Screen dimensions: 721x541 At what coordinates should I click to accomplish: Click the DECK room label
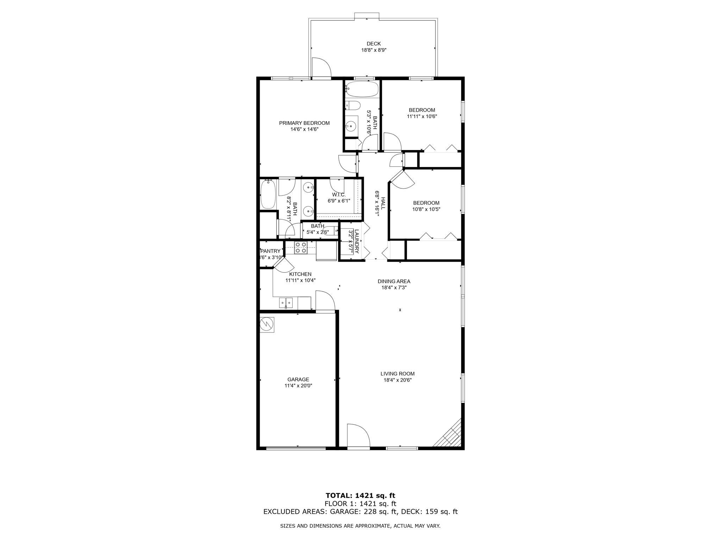click(374, 44)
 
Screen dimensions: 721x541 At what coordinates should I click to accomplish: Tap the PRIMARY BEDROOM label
click(304, 123)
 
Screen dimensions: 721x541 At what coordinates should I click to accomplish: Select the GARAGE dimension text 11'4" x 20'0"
click(298, 386)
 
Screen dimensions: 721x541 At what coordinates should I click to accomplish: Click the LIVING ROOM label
click(397, 374)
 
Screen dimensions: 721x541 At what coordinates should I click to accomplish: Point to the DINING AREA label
click(394, 281)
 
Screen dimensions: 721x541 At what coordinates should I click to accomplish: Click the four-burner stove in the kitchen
click(301, 248)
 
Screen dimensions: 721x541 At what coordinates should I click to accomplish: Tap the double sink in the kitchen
click(286, 303)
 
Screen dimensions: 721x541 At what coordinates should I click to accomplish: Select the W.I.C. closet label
click(338, 195)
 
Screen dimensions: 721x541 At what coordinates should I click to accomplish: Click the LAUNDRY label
click(357, 242)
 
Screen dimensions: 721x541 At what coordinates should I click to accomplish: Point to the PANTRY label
click(270, 251)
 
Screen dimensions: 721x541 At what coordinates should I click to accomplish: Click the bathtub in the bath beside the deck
click(362, 89)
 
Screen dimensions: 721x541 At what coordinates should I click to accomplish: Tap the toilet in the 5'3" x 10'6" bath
click(353, 106)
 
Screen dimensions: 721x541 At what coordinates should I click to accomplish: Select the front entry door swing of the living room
click(358, 435)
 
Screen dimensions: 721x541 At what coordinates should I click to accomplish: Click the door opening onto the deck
click(321, 68)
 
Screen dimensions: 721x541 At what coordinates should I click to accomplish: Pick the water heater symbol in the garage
click(267, 324)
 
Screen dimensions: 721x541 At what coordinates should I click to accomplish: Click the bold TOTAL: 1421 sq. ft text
click(360, 496)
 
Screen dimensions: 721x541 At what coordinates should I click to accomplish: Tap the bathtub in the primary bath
click(268, 194)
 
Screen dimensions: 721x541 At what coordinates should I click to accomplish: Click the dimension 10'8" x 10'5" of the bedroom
click(426, 209)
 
